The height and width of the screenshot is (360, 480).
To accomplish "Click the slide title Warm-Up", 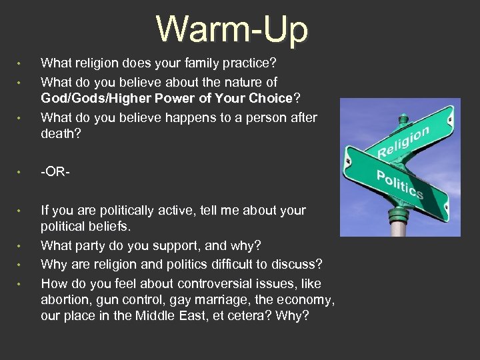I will [233, 30].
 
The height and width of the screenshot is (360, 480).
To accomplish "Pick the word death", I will [58, 134].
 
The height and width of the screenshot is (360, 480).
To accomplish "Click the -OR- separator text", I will [55, 171].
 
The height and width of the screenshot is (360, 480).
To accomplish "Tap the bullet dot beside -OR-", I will [20, 172].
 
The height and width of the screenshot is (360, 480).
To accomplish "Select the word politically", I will [121, 211].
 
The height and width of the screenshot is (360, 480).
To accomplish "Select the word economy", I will [306, 299].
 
